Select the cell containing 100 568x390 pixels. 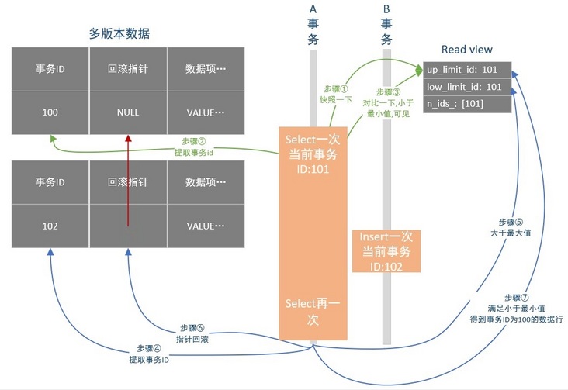coord(50,112)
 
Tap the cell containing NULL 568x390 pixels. coord(128,112)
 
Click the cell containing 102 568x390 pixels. coord(50,226)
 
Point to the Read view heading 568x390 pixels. coord(466,50)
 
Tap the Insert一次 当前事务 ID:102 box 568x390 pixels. coord(386,250)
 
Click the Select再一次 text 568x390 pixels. coord(310,311)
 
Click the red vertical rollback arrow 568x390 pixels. coord(128,178)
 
